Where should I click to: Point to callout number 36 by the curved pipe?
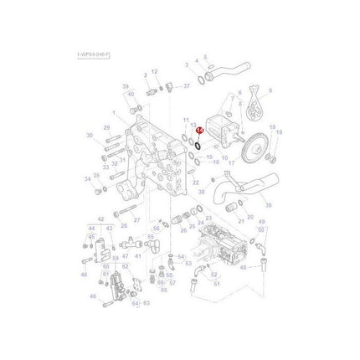click(x=268, y=203)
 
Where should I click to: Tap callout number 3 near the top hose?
click(x=186, y=64)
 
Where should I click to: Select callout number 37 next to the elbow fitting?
click(x=186, y=85)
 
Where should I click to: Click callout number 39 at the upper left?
click(x=125, y=87)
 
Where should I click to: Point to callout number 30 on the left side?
click(x=89, y=135)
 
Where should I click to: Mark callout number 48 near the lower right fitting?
click(x=243, y=268)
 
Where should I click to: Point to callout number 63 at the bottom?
click(x=146, y=303)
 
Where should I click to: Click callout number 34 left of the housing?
click(x=86, y=178)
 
